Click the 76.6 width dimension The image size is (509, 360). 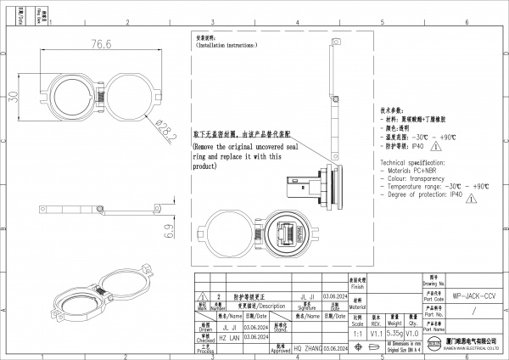[102, 44]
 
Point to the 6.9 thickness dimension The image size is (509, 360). [171, 231]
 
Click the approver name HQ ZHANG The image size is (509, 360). [303, 347]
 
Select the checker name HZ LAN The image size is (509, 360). [229, 335]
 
